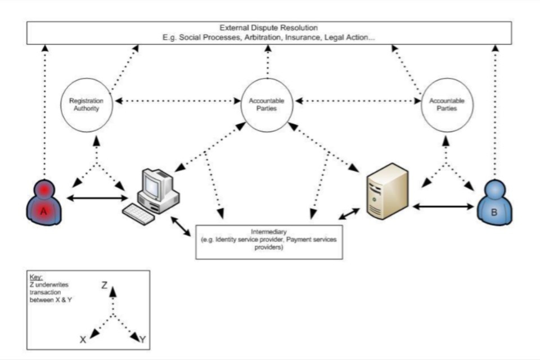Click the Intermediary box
[x=269, y=242]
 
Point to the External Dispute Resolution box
[x=269, y=33]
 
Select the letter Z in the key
[x=105, y=286]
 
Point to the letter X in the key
[x=83, y=340]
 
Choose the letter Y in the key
[x=143, y=339]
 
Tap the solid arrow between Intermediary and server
[x=349, y=214]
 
